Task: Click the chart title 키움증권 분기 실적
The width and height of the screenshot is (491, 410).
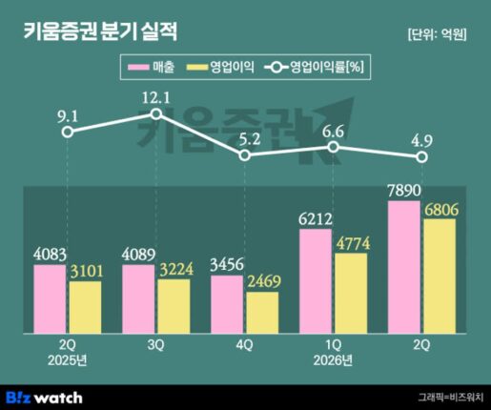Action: [x=100, y=31]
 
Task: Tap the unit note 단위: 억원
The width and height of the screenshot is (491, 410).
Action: [x=437, y=34]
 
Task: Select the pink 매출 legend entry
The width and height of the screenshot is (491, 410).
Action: [x=151, y=67]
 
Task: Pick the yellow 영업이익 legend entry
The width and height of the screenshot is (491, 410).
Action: [x=220, y=67]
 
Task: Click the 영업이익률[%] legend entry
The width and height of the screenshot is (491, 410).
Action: [x=314, y=67]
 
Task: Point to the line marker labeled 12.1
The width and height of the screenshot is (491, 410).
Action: [x=156, y=113]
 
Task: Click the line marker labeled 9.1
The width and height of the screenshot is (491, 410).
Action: [x=68, y=132]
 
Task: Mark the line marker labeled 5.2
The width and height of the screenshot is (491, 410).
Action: [x=244, y=155]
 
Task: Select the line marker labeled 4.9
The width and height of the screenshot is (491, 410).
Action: [x=421, y=157]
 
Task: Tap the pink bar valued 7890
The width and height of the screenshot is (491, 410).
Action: [x=404, y=267]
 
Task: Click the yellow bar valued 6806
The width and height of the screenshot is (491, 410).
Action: [x=440, y=277]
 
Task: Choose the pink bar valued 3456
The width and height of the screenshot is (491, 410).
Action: [x=227, y=304]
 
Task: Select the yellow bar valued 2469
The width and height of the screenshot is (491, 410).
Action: [x=262, y=313]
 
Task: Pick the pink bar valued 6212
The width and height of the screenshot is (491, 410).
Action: [x=316, y=281]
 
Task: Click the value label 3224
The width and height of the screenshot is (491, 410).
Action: [x=176, y=269]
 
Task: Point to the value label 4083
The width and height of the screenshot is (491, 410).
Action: [x=50, y=255]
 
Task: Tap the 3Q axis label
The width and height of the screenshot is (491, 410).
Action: [x=155, y=345]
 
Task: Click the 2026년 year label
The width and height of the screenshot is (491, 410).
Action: [x=333, y=361]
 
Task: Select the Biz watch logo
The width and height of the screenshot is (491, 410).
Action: [x=44, y=398]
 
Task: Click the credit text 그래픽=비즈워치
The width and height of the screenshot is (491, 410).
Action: [x=451, y=398]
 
